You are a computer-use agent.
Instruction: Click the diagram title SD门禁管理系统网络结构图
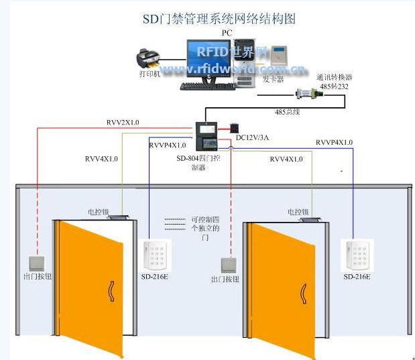pos(219,19)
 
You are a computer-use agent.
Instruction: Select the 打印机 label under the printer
pos(150,74)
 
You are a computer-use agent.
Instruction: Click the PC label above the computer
pos(227,32)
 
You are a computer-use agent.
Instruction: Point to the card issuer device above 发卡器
pos(275,59)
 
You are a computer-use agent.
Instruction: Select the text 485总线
pos(288,112)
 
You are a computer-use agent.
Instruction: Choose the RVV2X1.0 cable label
pos(123,123)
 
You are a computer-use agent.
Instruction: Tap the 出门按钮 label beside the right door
pos(225,279)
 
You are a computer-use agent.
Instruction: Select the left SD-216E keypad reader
pos(156,255)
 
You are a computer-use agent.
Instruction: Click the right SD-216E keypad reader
pos(357,255)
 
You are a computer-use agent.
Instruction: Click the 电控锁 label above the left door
pos(98,212)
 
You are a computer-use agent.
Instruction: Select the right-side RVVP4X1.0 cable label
pos(334,142)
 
